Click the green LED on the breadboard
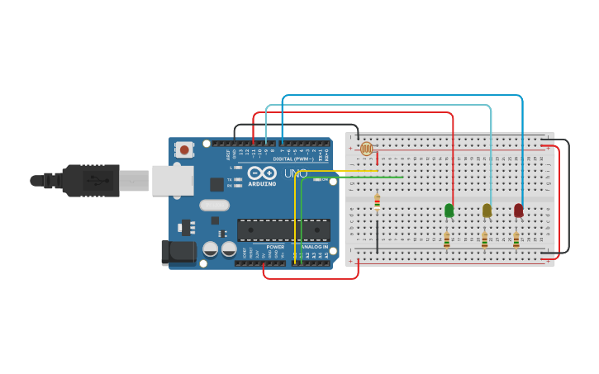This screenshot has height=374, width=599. (x=449, y=211)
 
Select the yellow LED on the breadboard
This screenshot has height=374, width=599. (x=487, y=211)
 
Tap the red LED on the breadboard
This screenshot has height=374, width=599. (x=518, y=211)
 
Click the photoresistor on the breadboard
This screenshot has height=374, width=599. (x=367, y=149)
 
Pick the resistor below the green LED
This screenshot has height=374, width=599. (x=446, y=239)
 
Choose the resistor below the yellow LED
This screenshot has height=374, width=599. (x=484, y=239)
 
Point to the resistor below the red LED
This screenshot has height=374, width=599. (x=516, y=239)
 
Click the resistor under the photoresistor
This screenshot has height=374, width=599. (x=377, y=201)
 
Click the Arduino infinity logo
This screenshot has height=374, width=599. (x=262, y=173)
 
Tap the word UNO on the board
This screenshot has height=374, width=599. (x=296, y=174)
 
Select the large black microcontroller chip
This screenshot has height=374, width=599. (x=283, y=230)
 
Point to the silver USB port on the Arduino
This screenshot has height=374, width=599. (x=172, y=180)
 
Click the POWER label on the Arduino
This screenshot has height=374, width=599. (x=275, y=247)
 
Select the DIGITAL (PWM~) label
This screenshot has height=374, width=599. (x=293, y=159)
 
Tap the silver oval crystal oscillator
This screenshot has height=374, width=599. (x=214, y=205)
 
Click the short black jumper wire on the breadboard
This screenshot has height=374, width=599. (x=377, y=236)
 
